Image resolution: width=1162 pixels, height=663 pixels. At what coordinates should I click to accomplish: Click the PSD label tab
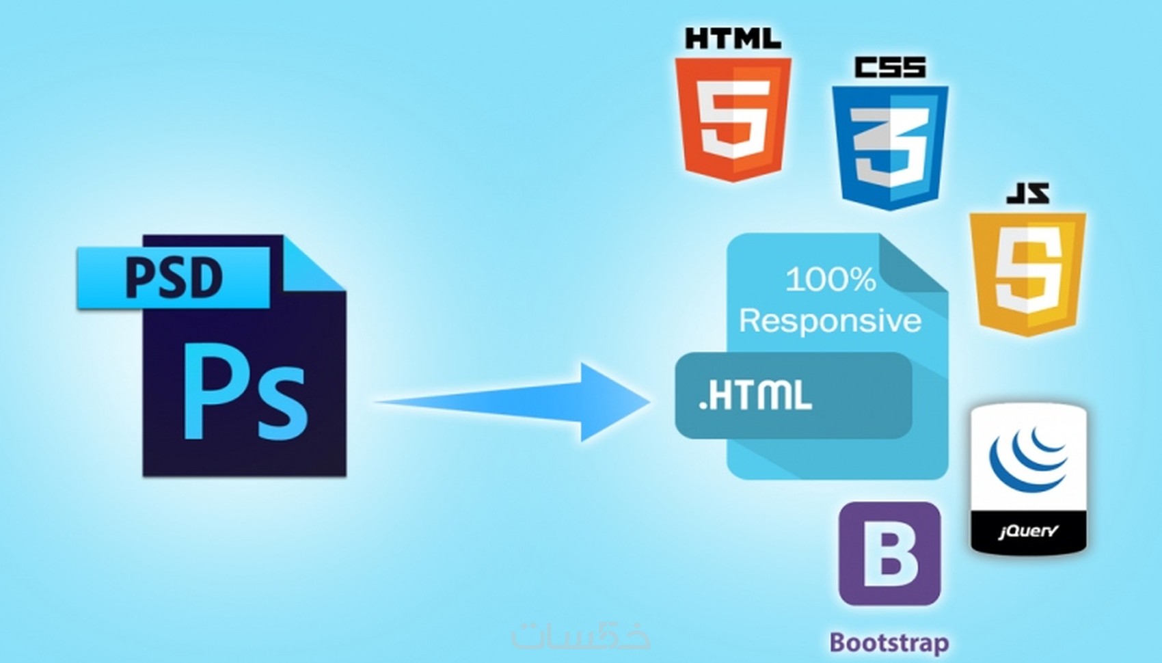pyautogui.click(x=174, y=278)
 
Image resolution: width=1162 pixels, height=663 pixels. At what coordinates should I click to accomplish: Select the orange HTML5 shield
pyautogui.click(x=733, y=120)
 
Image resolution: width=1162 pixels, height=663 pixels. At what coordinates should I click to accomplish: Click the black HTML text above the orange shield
pyautogui.click(x=733, y=39)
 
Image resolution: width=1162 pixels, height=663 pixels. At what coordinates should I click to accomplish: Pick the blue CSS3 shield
pyautogui.click(x=890, y=148)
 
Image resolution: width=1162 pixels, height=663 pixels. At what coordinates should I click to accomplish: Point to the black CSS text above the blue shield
pyautogui.click(x=890, y=68)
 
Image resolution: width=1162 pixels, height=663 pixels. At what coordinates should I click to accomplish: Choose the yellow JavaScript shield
pyautogui.click(x=1027, y=274)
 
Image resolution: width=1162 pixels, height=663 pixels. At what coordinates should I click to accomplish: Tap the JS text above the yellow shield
pyautogui.click(x=1027, y=193)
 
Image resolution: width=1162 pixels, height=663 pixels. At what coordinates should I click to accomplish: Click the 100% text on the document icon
pyautogui.click(x=831, y=279)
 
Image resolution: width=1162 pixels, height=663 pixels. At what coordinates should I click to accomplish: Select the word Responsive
pyautogui.click(x=830, y=321)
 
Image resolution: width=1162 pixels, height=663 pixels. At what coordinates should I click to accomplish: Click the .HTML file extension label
pyautogui.click(x=755, y=395)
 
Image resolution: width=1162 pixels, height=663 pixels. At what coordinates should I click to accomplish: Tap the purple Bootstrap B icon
pyautogui.click(x=890, y=554)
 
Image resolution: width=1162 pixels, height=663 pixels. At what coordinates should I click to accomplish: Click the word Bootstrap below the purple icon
pyautogui.click(x=890, y=642)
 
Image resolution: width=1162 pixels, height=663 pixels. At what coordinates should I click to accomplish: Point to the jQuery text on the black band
pyautogui.click(x=1027, y=531)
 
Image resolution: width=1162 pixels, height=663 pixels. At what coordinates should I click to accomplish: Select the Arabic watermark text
pyautogui.click(x=581, y=634)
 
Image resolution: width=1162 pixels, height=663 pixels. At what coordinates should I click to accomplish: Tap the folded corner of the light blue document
pyautogui.click(x=913, y=264)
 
